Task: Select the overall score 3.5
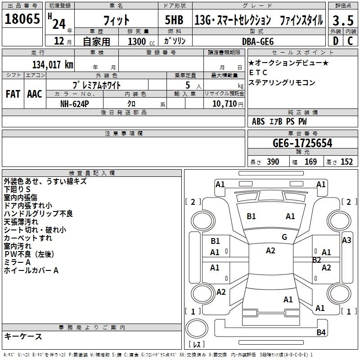pyautogui.click(x=342, y=21)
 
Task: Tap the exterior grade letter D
pyautogui.click(x=335, y=40)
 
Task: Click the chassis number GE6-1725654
pyautogui.click(x=303, y=144)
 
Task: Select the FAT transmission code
pyautogui.click(x=13, y=94)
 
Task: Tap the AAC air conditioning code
pyautogui.click(x=35, y=94)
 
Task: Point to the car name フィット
pyautogui.click(x=116, y=21)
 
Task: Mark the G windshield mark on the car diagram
pyautogui.click(x=284, y=237)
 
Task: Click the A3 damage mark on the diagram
pyautogui.click(x=346, y=240)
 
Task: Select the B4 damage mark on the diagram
pyautogui.click(x=321, y=333)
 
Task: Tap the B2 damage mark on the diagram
pyautogui.click(x=317, y=260)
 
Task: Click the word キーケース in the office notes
pyautogui.click(x=23, y=337)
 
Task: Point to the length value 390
pyautogui.click(x=273, y=162)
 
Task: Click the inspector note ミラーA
pyautogui.click(x=17, y=262)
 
